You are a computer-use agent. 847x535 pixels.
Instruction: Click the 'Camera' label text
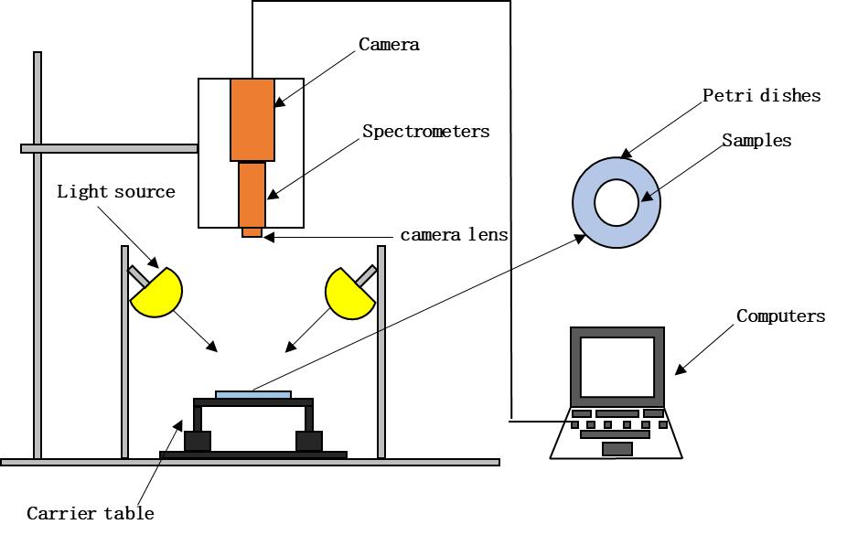point(389,44)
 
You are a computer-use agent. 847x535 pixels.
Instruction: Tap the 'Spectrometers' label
point(425,131)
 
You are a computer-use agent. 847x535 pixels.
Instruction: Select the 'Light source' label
point(115,192)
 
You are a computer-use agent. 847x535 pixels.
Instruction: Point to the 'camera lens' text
point(454,235)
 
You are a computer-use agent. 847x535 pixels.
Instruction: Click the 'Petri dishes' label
point(761,95)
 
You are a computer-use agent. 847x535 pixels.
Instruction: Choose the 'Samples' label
point(756,141)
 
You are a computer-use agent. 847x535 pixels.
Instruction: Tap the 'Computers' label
point(780,316)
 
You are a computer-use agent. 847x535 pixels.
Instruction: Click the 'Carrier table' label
point(90,513)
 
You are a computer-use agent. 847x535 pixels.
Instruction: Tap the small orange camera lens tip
point(252,232)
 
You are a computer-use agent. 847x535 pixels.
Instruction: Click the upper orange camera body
point(252,120)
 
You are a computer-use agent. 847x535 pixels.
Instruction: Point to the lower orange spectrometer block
point(252,194)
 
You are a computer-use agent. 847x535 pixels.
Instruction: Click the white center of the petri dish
point(616,202)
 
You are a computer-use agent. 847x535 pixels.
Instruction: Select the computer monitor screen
point(617,366)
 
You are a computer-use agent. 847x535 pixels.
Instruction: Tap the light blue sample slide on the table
point(253,394)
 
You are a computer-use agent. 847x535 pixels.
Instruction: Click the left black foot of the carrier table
point(198,441)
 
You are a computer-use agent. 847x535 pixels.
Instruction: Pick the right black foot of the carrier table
point(309,441)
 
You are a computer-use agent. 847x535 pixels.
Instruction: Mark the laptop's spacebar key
point(616,448)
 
